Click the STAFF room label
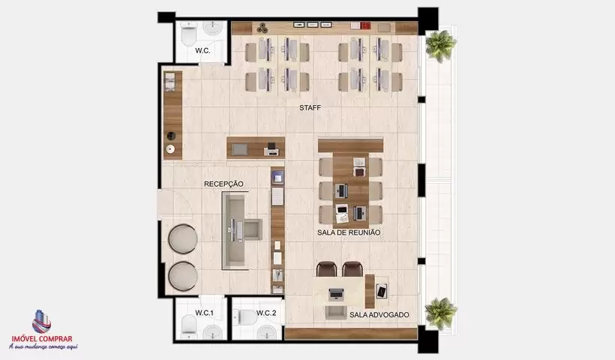pyautogui.click(x=310, y=107)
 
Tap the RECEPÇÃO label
pyautogui.click(x=223, y=184)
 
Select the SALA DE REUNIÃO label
pyautogui.click(x=349, y=232)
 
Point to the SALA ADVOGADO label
pyautogui.click(x=379, y=315)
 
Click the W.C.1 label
pyautogui.click(x=204, y=313)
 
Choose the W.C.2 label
pyautogui.click(x=266, y=313)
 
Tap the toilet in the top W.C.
pyautogui.click(x=189, y=33)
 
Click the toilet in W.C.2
pyautogui.click(x=245, y=317)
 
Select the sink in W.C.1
pyautogui.click(x=213, y=331)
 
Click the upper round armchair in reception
pyautogui.click(x=183, y=238)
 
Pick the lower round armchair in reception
pyautogui.click(x=183, y=277)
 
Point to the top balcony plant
pyautogui.click(x=441, y=46)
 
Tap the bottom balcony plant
pyautogui.click(x=441, y=313)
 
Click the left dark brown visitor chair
pyautogui.click(x=327, y=269)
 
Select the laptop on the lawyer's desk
pyautogui.click(x=336, y=294)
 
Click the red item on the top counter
pyautogui.click(x=365, y=25)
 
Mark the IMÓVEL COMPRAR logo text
pyautogui.click(x=42, y=339)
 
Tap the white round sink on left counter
pyautogui.click(x=170, y=149)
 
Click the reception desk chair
pyautogui.click(x=252, y=229)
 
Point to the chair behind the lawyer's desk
pyautogui.click(x=336, y=312)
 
